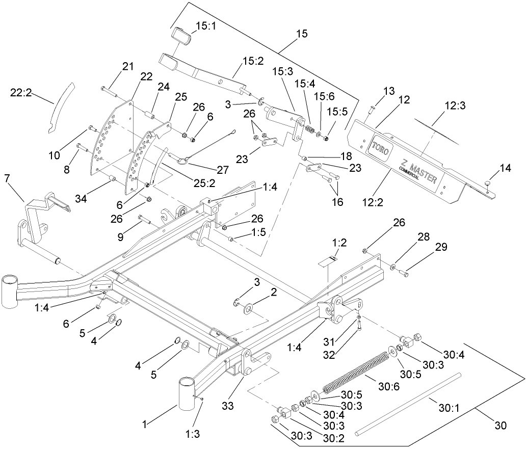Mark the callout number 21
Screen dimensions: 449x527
coord(127,66)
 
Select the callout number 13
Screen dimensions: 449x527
coord(389,91)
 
